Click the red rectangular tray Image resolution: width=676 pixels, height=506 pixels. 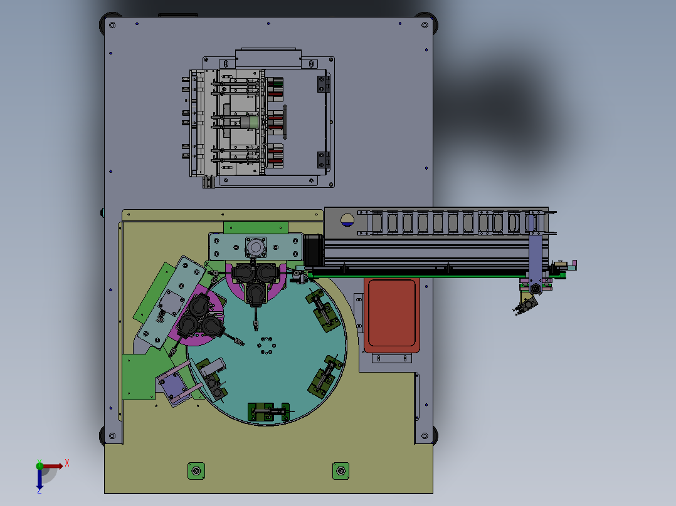[x=392, y=315]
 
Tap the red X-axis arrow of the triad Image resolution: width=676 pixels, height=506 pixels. [x=52, y=466]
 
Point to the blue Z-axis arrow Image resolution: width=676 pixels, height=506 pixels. [x=40, y=478]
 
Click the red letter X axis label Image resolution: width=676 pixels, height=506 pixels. [x=67, y=463]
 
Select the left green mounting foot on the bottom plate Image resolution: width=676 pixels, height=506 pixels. [x=196, y=471]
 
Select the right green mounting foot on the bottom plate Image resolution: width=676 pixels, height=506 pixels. [x=341, y=471]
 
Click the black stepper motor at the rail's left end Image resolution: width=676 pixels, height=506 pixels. [x=314, y=250]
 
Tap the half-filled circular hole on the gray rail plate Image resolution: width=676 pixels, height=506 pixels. [x=347, y=220]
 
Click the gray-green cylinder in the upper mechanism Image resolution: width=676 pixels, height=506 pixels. [x=250, y=122]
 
